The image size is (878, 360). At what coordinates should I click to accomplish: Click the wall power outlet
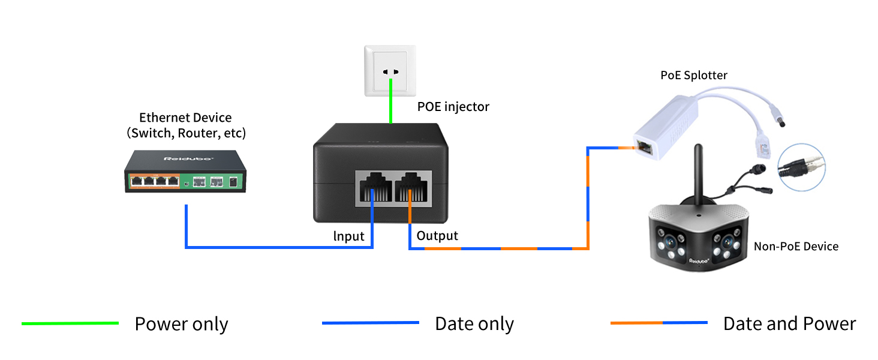click(x=390, y=71)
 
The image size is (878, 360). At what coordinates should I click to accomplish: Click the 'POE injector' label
click(x=453, y=107)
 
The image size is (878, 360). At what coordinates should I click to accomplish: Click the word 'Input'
click(x=348, y=236)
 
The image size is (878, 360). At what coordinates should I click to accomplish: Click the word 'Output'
click(x=437, y=236)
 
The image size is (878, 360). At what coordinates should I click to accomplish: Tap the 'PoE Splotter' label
click(x=694, y=75)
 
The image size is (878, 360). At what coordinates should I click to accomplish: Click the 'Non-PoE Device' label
click(x=796, y=246)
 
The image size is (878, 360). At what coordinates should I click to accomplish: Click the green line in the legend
click(x=70, y=323)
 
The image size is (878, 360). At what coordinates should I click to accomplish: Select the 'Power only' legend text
click(x=181, y=324)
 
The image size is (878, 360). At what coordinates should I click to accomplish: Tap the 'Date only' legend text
click(x=474, y=324)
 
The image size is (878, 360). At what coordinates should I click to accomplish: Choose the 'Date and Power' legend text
click(x=789, y=324)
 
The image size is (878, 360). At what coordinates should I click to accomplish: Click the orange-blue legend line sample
click(x=659, y=323)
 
